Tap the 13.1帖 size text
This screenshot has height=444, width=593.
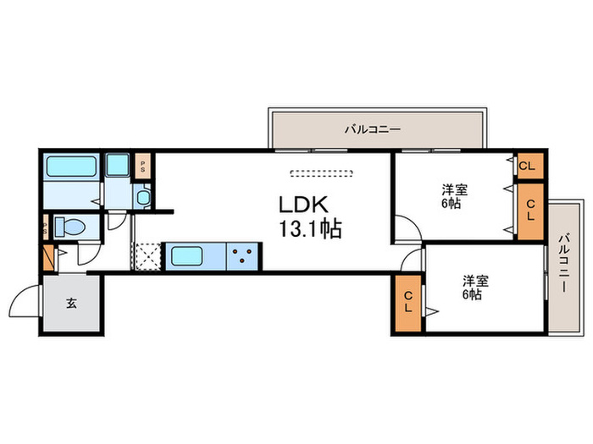coord(310,228)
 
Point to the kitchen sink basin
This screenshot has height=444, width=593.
coord(191,255)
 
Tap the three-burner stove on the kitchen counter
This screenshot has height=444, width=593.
coord(243,255)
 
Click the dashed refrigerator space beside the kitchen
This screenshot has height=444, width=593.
coord(148,255)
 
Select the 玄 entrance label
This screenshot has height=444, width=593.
coord(71,304)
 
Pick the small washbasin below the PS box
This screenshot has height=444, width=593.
coord(142,199)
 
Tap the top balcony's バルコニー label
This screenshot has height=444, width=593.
coord(372,129)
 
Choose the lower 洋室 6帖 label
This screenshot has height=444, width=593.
coord(473,287)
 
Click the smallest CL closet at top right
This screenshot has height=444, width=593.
coord(527,166)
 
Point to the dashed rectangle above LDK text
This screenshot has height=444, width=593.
coord(320,174)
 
